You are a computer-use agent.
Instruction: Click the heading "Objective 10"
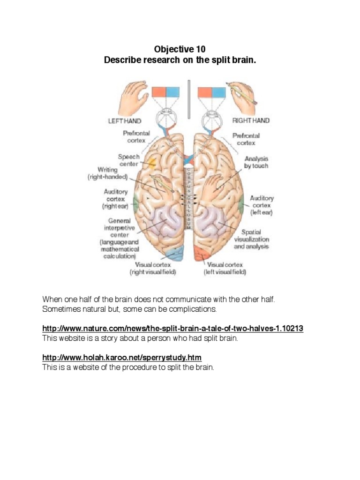tap(180, 49)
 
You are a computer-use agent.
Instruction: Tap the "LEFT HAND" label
tap(125, 121)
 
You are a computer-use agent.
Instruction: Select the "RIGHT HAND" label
tap(251, 120)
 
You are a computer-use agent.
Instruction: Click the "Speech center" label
tap(128, 160)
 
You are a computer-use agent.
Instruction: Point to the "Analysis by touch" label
tap(256, 162)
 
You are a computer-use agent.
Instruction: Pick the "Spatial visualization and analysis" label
tap(254, 239)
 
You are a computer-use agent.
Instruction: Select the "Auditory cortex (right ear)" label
tap(115, 199)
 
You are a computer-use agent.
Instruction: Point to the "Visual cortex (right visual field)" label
tap(153, 268)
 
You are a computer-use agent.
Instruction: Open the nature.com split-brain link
tap(173, 329)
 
